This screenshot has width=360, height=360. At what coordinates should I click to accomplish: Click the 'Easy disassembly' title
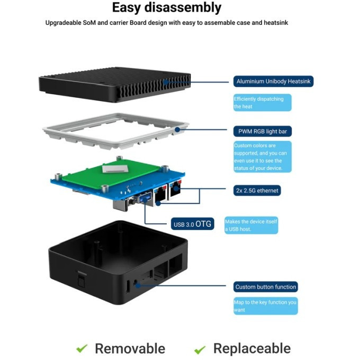coord(166,8)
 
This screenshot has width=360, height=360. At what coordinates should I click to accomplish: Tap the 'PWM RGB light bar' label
coord(262,131)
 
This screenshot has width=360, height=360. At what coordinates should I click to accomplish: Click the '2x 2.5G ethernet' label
coord(257,190)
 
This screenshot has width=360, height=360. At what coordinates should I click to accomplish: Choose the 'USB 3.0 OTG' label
coord(192,224)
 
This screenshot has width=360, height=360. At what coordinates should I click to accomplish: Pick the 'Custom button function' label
coord(265,286)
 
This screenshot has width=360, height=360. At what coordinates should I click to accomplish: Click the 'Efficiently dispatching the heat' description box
coord(262,103)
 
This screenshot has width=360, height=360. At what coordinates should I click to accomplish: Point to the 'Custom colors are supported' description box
coord(262,157)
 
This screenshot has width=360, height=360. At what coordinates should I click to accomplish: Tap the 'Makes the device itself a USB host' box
coord(251,225)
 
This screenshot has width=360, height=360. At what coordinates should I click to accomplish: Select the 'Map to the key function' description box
coord(265,305)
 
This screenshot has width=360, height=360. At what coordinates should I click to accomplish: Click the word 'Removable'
coord(130,348)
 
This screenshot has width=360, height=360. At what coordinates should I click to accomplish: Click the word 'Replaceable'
coord(251,348)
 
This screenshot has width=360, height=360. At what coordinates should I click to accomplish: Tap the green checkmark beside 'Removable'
coord(82,348)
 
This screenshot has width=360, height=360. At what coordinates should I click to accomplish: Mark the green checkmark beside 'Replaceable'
coord(200,349)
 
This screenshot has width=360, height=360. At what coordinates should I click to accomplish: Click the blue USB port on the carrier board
coord(145,200)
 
